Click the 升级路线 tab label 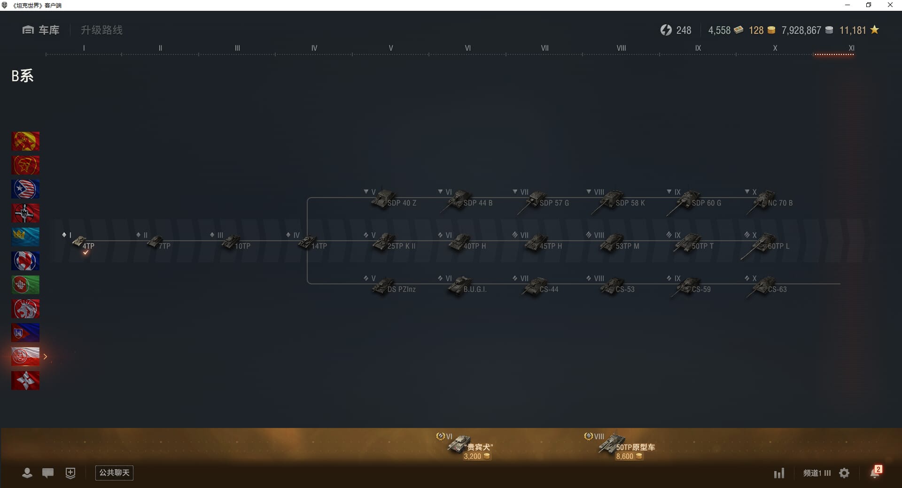pos(101,30)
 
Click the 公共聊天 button pos(114,473)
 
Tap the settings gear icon pos(844,473)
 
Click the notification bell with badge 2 pos(875,473)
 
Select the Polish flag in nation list pos(25,357)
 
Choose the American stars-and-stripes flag pos(25,189)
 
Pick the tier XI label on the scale pos(851,48)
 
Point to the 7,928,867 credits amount pos(801,30)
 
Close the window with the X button pos(890,5)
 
